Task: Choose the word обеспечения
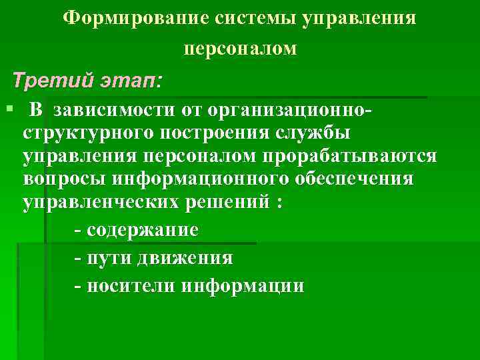pos(355,179)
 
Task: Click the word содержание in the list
pos(142,231)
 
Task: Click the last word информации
pos(243,286)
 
